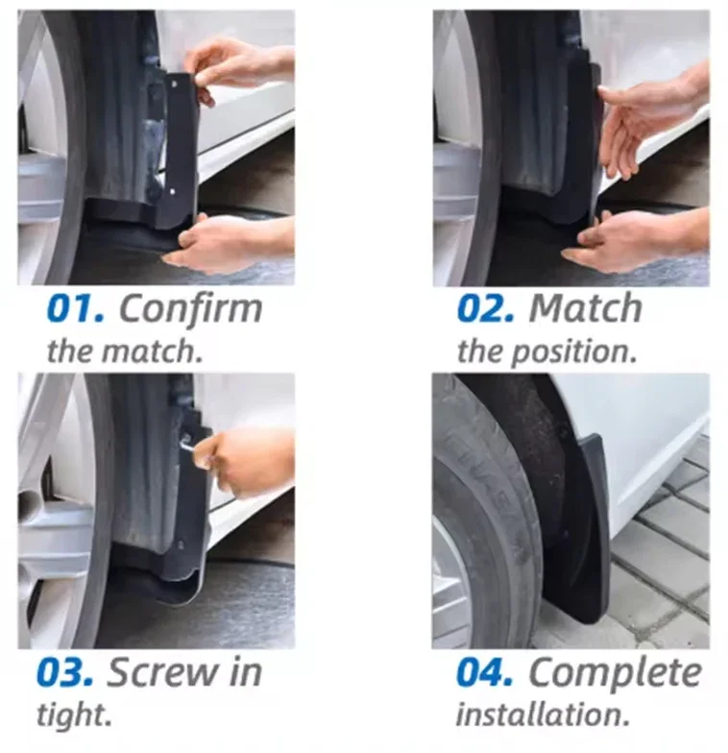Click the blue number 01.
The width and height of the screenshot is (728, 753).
[75, 308]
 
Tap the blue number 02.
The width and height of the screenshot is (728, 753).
[486, 308]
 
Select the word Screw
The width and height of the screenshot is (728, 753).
[161, 672]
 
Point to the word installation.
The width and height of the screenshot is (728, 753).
[543, 715]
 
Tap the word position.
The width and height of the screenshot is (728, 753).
[573, 353]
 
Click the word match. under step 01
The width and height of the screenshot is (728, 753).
[153, 352]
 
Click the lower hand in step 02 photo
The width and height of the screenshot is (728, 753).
[636, 241]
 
